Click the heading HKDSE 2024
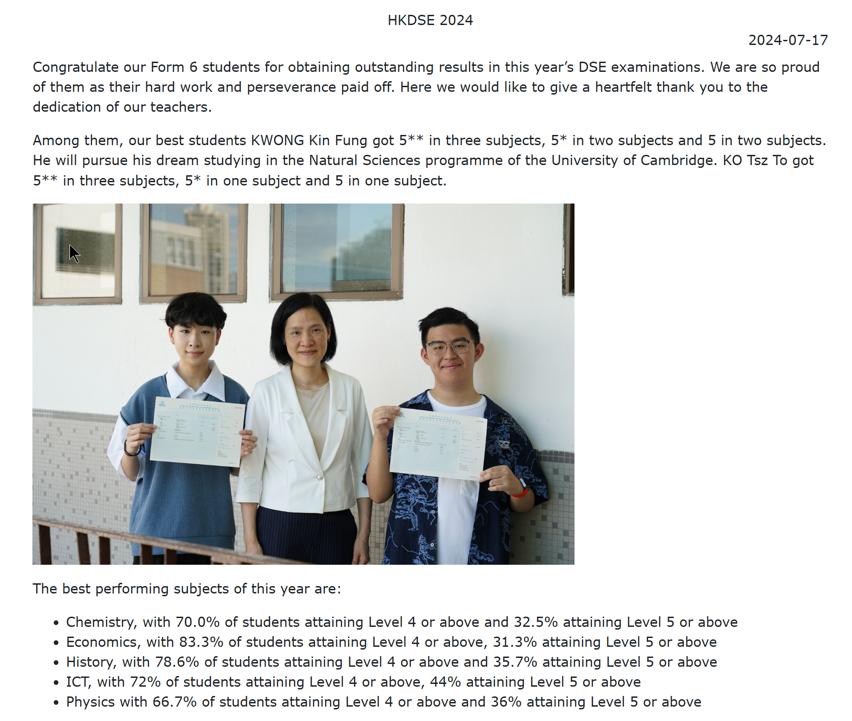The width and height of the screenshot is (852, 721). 430,20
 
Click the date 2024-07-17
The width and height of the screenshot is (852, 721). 788,40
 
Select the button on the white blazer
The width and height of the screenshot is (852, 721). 319,477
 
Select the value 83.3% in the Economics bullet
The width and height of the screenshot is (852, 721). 201,642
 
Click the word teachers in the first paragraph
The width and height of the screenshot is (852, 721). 181,107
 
